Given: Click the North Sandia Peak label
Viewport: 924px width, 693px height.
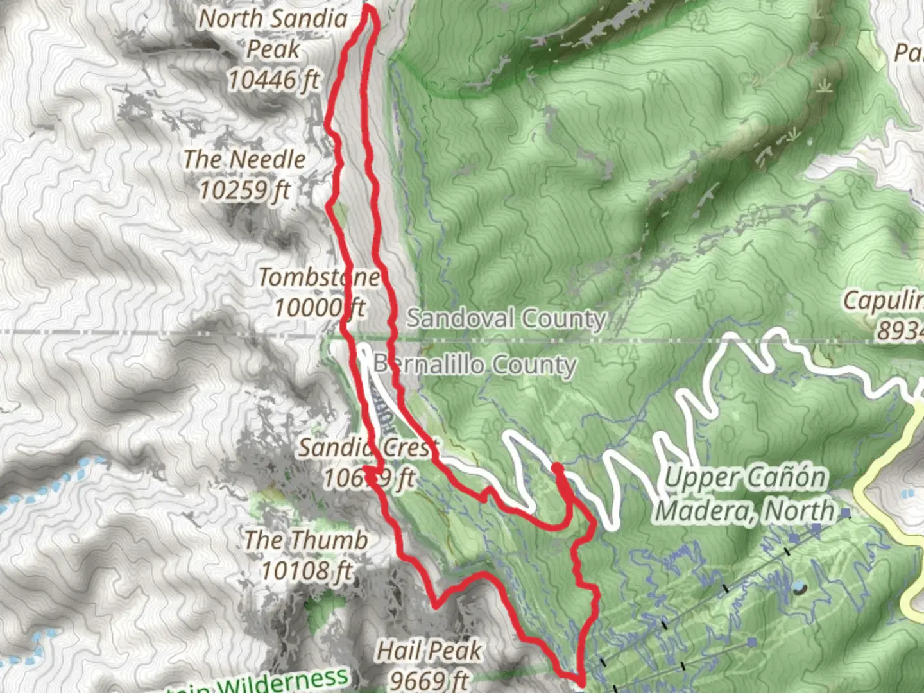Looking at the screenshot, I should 273,33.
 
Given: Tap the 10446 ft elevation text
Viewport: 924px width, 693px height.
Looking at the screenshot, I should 274,80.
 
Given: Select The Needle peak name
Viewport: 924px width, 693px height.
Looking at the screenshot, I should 244,159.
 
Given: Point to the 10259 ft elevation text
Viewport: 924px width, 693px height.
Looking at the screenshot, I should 244,190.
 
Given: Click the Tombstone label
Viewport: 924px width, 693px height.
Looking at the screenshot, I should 319,277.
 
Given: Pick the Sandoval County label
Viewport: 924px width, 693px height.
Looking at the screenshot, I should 506,318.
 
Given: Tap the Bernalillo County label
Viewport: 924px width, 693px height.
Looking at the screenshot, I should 475,364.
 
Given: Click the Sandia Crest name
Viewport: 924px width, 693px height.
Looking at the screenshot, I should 368,447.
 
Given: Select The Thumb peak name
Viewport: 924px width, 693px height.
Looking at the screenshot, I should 306,540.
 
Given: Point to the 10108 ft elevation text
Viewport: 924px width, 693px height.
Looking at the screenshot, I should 307,570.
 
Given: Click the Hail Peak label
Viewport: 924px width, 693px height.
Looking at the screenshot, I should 429,651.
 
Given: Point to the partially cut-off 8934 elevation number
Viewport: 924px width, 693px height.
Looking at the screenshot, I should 900,331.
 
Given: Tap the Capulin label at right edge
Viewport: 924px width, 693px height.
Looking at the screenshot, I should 883,300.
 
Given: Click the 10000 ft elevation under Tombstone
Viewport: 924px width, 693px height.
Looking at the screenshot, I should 319,308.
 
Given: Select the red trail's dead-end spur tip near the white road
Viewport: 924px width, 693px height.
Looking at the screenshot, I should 556,467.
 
